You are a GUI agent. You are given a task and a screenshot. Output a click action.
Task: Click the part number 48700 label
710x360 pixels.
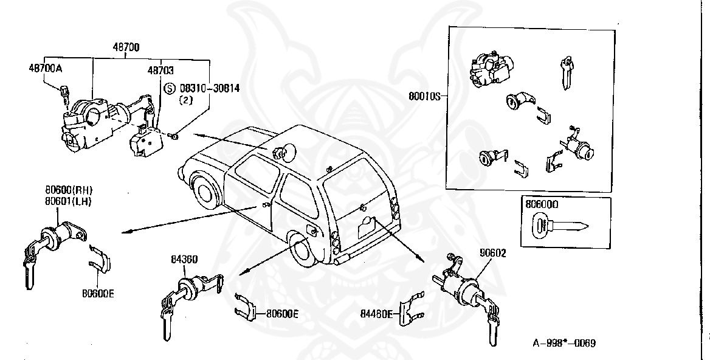[x=126, y=47]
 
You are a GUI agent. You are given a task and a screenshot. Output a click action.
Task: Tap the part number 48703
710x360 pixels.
[x=160, y=71]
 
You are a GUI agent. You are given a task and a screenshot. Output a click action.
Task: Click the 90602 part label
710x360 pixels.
[x=476, y=252]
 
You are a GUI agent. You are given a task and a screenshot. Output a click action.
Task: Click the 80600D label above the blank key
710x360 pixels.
[x=541, y=206]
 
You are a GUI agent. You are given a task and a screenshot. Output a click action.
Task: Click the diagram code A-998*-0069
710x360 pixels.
[x=564, y=343]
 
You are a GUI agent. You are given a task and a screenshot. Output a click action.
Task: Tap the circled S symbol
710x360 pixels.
[x=171, y=88]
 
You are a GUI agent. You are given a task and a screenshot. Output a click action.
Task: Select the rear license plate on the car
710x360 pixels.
[x=370, y=226]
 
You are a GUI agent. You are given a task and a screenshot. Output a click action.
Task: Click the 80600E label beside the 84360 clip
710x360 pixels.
[x=282, y=314]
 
